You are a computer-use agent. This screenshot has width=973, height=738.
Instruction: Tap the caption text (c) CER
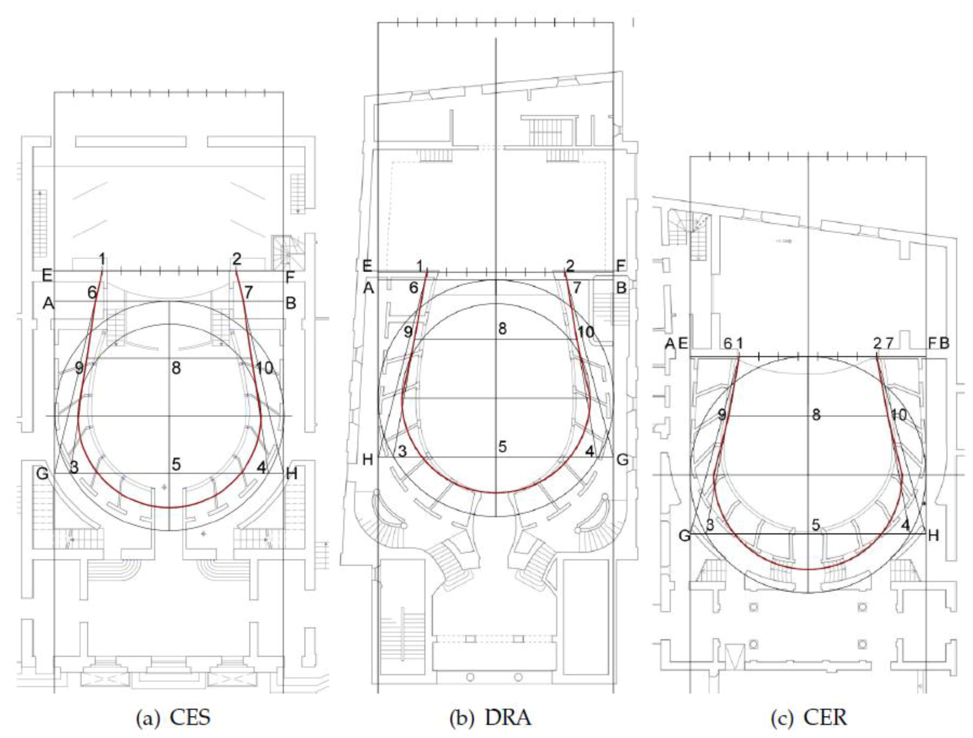tap(808, 717)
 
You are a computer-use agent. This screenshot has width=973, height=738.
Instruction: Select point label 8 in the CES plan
tap(176, 368)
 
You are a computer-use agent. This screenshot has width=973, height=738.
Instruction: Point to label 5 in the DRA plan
tap(502, 447)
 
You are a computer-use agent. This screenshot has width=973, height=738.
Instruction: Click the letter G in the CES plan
tap(43, 474)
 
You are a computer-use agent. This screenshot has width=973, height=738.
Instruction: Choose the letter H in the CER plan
tap(933, 535)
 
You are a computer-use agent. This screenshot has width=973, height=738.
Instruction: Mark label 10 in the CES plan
tap(265, 368)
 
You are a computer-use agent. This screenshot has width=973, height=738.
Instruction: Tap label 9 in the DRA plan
tap(408, 332)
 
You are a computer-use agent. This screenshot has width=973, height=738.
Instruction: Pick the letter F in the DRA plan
tap(621, 266)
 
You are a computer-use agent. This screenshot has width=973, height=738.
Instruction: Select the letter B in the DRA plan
tap(621, 288)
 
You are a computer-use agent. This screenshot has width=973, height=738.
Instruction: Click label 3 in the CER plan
tap(709, 524)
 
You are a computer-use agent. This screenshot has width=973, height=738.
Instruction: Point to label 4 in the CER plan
tap(905, 524)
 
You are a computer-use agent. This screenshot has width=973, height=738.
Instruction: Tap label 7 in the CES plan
tap(249, 292)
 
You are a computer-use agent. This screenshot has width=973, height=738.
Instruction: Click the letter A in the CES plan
tap(48, 303)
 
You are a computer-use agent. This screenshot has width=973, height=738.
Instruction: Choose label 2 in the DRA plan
tap(570, 266)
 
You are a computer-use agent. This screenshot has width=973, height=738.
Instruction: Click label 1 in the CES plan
tap(102, 259)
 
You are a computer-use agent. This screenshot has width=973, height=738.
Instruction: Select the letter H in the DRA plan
tap(368, 460)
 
